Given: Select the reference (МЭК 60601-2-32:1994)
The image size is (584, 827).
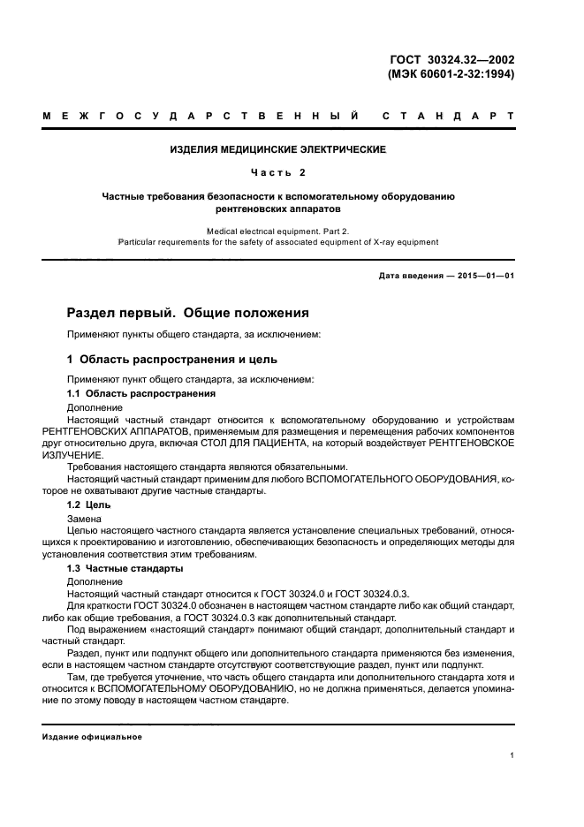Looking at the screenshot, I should click(x=451, y=74).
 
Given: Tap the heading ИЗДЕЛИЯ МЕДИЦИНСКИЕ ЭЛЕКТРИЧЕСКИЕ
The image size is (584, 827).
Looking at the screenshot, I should click(x=278, y=150).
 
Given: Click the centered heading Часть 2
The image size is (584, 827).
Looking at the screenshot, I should click(x=278, y=172).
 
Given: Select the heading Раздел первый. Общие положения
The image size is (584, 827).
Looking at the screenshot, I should click(x=188, y=313).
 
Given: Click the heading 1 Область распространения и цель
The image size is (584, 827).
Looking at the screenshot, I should click(x=172, y=359).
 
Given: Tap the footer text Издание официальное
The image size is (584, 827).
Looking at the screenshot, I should click(x=92, y=737).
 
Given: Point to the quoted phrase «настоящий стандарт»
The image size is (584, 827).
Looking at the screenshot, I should click(x=184, y=631).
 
